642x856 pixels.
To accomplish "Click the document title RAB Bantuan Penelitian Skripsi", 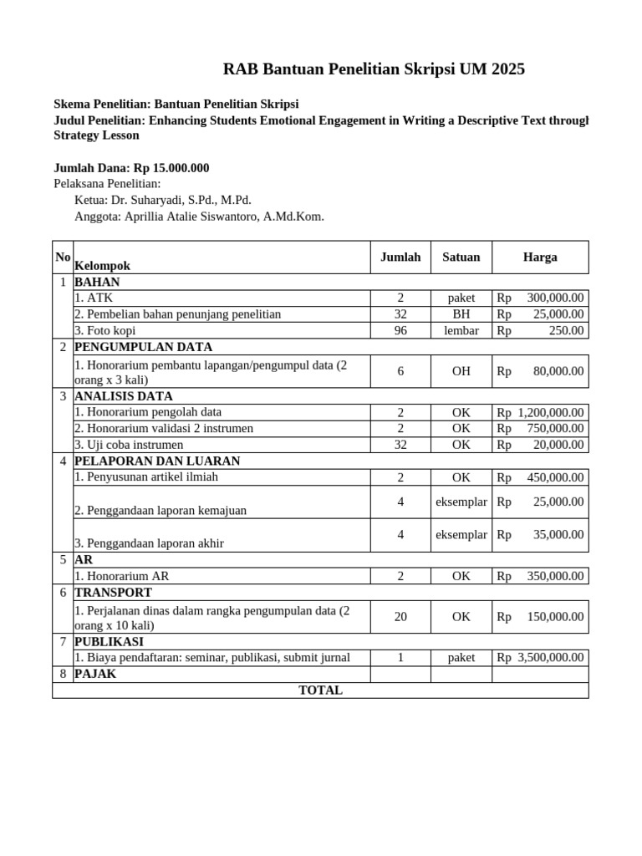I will (x=374, y=69).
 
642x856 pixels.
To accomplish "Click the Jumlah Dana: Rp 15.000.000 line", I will (x=131, y=168).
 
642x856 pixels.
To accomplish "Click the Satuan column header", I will (x=461, y=257).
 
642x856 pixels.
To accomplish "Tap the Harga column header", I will (x=540, y=257).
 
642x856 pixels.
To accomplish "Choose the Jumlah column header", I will (x=400, y=257).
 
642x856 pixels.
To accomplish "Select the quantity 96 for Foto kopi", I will (x=400, y=331).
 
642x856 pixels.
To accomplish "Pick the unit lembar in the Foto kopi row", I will (x=461, y=331).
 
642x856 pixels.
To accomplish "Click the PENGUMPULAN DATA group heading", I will (x=144, y=347).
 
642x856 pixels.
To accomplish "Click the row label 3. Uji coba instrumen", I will (x=122, y=445).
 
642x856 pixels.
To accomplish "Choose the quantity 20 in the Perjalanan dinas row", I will (x=400, y=617).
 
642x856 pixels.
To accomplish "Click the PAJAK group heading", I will (x=96, y=674).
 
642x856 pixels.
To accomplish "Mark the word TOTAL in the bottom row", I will (x=320, y=690).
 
